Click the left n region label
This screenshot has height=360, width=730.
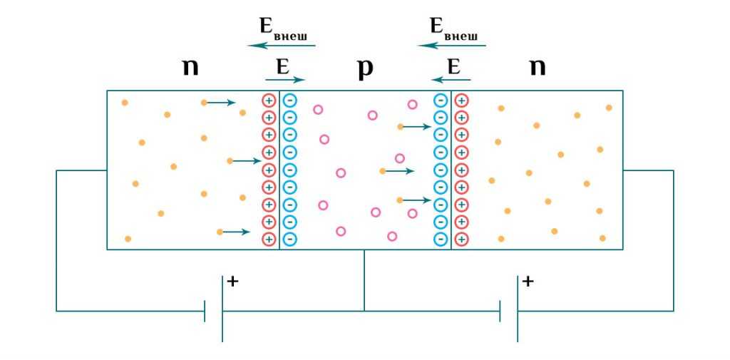(190, 68)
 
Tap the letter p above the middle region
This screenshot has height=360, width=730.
(365, 68)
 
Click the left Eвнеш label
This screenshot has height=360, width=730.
(286, 29)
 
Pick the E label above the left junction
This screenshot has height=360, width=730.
(282, 67)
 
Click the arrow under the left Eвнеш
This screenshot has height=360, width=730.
(281, 46)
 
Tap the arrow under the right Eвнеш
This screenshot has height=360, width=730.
(452, 46)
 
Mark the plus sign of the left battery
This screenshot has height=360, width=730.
(232, 282)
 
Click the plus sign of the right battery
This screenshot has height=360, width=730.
(528, 282)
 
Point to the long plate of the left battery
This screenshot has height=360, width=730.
(222, 310)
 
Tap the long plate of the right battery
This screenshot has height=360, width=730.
(518, 310)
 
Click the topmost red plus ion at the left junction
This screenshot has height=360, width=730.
(269, 100)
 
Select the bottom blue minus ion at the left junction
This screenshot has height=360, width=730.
(289, 239)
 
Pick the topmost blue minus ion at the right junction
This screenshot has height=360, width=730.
(441, 100)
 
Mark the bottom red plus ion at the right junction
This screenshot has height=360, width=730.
(461, 239)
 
